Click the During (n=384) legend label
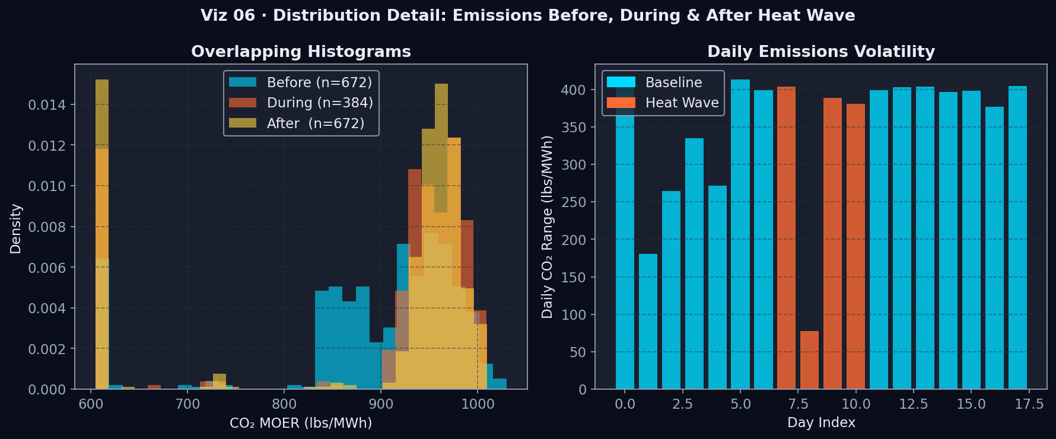tap(320, 103)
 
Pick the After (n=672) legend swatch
tap(243, 123)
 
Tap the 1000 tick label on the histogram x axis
tap(478, 405)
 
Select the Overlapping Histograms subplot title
tap(301, 52)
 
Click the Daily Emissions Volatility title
tap(820, 52)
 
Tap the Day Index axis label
tap(821, 422)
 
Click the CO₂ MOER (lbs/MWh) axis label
tap(301, 422)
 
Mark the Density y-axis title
tap(16, 228)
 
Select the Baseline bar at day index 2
tap(671, 290)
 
